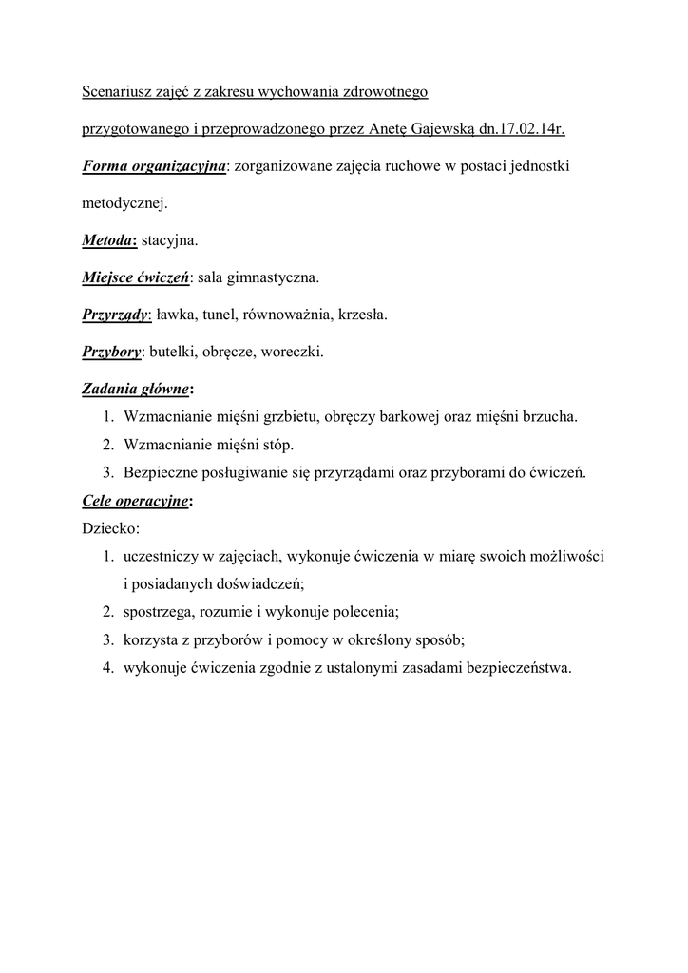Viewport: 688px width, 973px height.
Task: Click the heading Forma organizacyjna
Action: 154,166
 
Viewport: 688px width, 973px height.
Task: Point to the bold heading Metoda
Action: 106,241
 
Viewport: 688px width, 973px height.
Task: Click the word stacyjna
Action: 169,241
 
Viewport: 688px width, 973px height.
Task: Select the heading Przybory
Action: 111,352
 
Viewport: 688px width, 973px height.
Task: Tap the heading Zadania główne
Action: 135,389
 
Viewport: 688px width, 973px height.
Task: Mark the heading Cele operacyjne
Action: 135,499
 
